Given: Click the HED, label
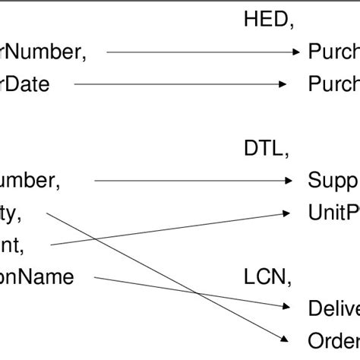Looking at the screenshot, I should click(268, 21).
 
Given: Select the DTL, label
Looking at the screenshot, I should click(266, 149).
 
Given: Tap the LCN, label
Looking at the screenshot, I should click(267, 277).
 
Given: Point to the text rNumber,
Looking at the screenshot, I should click(43, 52).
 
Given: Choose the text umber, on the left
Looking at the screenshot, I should click(30, 181).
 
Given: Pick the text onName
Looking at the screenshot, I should click(37, 277).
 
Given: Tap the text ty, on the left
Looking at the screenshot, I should click(11, 213).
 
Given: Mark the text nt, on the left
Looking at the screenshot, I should click(12, 245).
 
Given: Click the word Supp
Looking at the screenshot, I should click(333, 181).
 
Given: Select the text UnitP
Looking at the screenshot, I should click(333, 213).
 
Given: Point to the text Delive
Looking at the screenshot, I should click(333, 308).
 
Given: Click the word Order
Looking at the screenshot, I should click(333, 339).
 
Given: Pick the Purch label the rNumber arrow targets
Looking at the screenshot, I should click(333, 52).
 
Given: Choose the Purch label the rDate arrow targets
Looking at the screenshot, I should click(333, 84).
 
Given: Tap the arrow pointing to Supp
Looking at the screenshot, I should click(193, 181).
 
